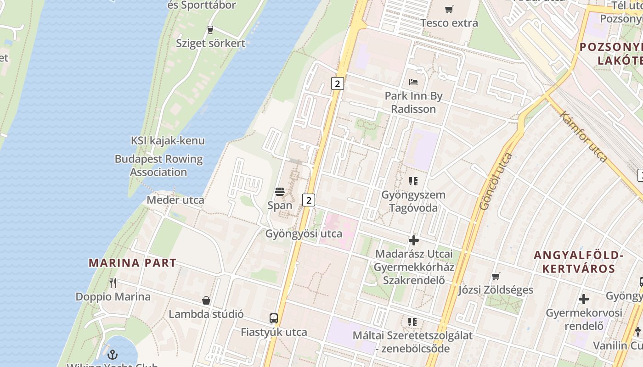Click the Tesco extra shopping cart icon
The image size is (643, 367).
pos(449,9)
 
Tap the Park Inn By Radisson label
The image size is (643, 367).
pos(413,102)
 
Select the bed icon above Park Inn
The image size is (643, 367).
pos(413,83)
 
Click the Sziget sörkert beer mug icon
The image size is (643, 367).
pos(210,30)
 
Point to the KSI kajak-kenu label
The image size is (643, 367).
pos(168,141)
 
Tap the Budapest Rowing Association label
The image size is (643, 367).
pos(158,166)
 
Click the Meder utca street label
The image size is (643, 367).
pos(175,200)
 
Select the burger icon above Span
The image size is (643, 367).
pos(280,191)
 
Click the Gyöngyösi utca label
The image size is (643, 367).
pos(304,234)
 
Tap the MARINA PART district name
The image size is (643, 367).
pos(132,263)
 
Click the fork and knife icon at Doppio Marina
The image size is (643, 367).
pos(113,283)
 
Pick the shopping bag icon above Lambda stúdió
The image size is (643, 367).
pos(206,300)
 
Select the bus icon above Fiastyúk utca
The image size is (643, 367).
pos(274,318)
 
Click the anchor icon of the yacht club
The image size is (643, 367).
pos(113,355)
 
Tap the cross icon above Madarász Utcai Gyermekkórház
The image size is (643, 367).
pos(413,240)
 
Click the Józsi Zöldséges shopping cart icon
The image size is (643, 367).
pos(496,276)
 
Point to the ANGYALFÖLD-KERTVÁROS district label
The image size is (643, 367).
pos(578,262)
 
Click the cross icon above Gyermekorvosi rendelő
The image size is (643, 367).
pos(584,299)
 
